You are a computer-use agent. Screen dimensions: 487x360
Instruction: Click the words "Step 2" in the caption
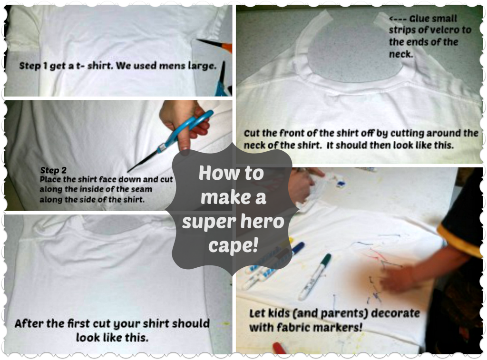[53, 170]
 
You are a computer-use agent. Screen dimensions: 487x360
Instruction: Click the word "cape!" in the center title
[233, 246]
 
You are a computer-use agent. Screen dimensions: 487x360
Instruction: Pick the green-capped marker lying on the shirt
[314, 276]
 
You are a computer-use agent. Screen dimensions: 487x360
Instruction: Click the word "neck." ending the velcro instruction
[401, 54]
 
